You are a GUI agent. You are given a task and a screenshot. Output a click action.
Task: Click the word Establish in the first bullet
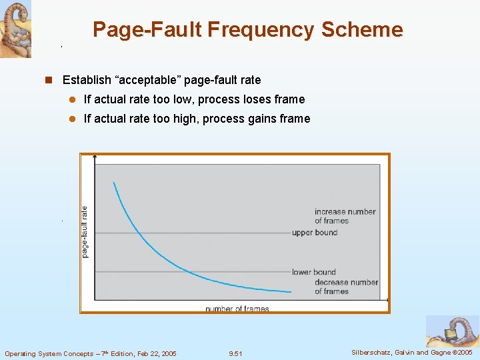[87, 80]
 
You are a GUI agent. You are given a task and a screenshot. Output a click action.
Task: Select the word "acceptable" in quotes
[148, 80]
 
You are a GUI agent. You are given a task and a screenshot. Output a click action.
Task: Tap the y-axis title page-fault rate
[85, 231]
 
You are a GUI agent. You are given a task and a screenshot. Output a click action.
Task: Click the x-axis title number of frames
[237, 309]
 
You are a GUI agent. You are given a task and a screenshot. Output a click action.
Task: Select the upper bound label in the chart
[315, 233]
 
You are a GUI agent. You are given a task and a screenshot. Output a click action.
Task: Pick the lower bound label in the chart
[313, 272]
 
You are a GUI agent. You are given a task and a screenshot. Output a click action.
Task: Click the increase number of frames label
[345, 216]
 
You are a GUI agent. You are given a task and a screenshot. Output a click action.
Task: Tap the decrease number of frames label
[346, 287]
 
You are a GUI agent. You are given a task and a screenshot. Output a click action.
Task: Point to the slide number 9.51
[235, 353]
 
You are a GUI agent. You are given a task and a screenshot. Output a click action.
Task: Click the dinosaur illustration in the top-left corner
[15, 29]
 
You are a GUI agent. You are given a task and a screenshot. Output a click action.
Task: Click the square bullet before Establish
[48, 80]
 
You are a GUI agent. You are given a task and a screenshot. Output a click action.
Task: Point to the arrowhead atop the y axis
[96, 157]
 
